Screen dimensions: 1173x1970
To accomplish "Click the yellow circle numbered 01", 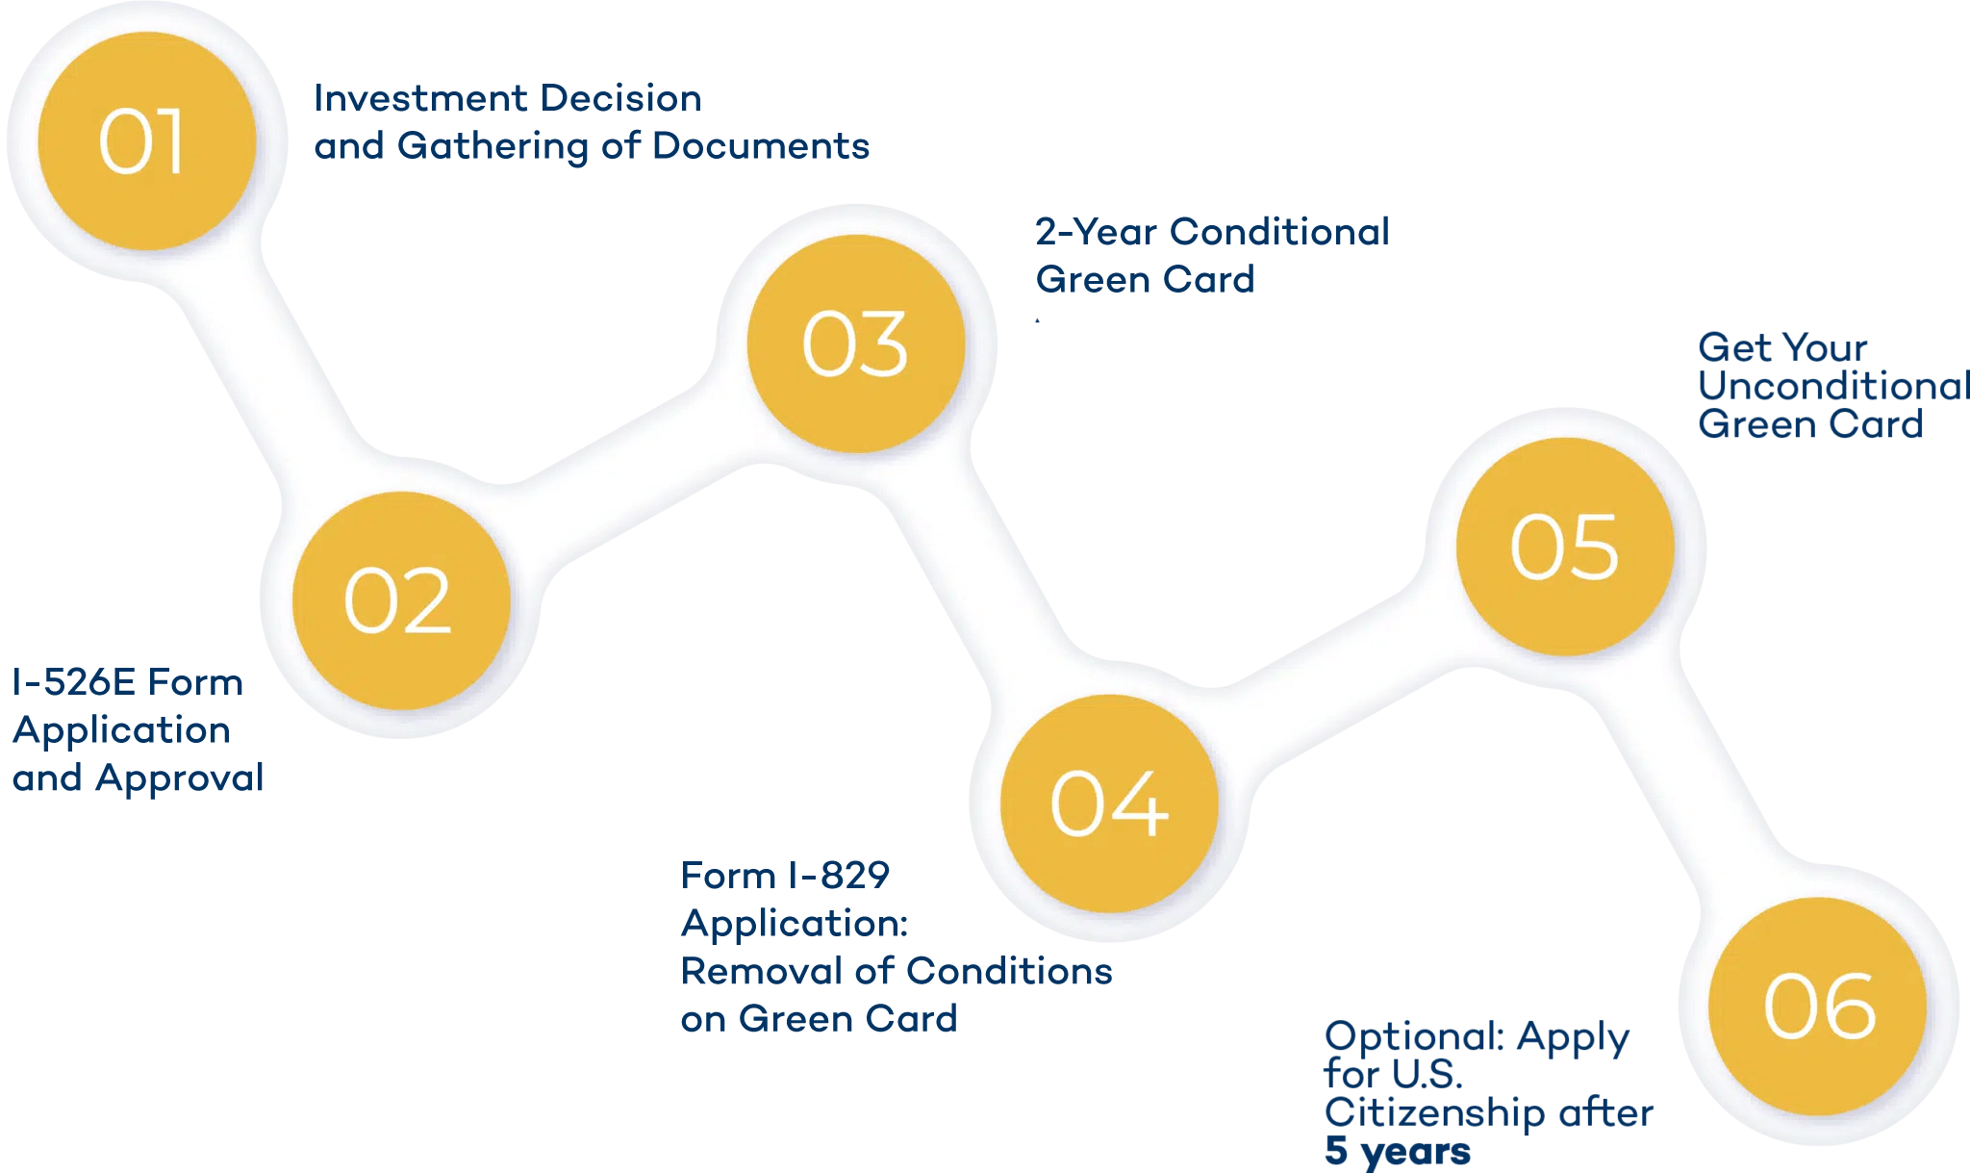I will tap(147, 140).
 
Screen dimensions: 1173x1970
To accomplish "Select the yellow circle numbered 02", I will tap(400, 600).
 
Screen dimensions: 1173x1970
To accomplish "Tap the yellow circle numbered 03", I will tap(856, 344).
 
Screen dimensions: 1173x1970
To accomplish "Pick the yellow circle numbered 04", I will tap(1109, 803).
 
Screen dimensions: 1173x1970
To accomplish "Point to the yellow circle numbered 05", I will tap(1565, 547).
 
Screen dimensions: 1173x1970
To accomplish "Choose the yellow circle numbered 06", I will tap(1819, 1007).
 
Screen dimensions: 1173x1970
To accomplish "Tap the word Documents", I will tap(760, 146).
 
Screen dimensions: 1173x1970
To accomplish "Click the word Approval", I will tap(180, 778).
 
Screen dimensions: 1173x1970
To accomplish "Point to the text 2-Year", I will tap(1096, 232).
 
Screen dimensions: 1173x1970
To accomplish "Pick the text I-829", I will tap(839, 876).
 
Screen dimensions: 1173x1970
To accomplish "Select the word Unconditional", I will tap(1832, 386).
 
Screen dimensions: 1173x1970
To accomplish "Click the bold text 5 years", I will tap(1397, 1151).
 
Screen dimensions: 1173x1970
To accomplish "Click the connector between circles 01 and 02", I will tap(269, 361).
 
